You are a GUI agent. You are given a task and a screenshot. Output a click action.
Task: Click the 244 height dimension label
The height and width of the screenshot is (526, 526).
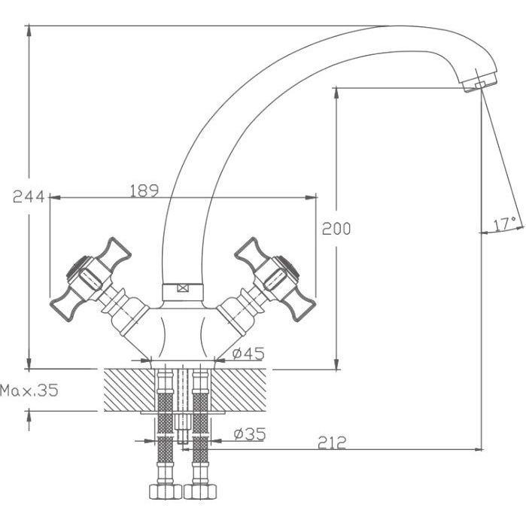point(29,196)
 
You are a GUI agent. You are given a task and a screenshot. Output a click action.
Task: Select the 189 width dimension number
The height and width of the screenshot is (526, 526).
point(144,191)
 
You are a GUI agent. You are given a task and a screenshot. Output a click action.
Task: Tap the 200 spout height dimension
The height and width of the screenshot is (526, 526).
point(336,229)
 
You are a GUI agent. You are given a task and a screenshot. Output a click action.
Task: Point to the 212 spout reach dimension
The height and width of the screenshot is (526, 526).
point(331,442)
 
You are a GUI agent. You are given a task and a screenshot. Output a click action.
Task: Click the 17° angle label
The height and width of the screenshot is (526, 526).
point(505,224)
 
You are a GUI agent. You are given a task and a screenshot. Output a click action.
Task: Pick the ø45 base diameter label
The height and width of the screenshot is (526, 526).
point(248,353)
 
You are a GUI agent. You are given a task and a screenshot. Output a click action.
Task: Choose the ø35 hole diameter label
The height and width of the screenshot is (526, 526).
point(250,433)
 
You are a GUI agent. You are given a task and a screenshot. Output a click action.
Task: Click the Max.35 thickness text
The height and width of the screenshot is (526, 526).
point(29,390)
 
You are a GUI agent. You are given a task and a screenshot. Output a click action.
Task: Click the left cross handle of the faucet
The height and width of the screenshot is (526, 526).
point(90,278)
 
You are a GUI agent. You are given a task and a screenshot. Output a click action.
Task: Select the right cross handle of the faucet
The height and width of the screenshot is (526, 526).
point(275,278)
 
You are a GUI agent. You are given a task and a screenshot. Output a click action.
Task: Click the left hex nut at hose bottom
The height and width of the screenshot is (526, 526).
point(166,491)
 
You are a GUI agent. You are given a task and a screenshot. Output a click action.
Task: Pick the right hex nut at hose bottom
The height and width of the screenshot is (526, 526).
point(200,491)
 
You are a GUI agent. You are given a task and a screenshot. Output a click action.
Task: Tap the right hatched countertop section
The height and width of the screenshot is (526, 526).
point(239,390)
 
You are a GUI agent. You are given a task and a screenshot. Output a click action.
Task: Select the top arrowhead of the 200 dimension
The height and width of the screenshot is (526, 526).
point(336,93)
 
